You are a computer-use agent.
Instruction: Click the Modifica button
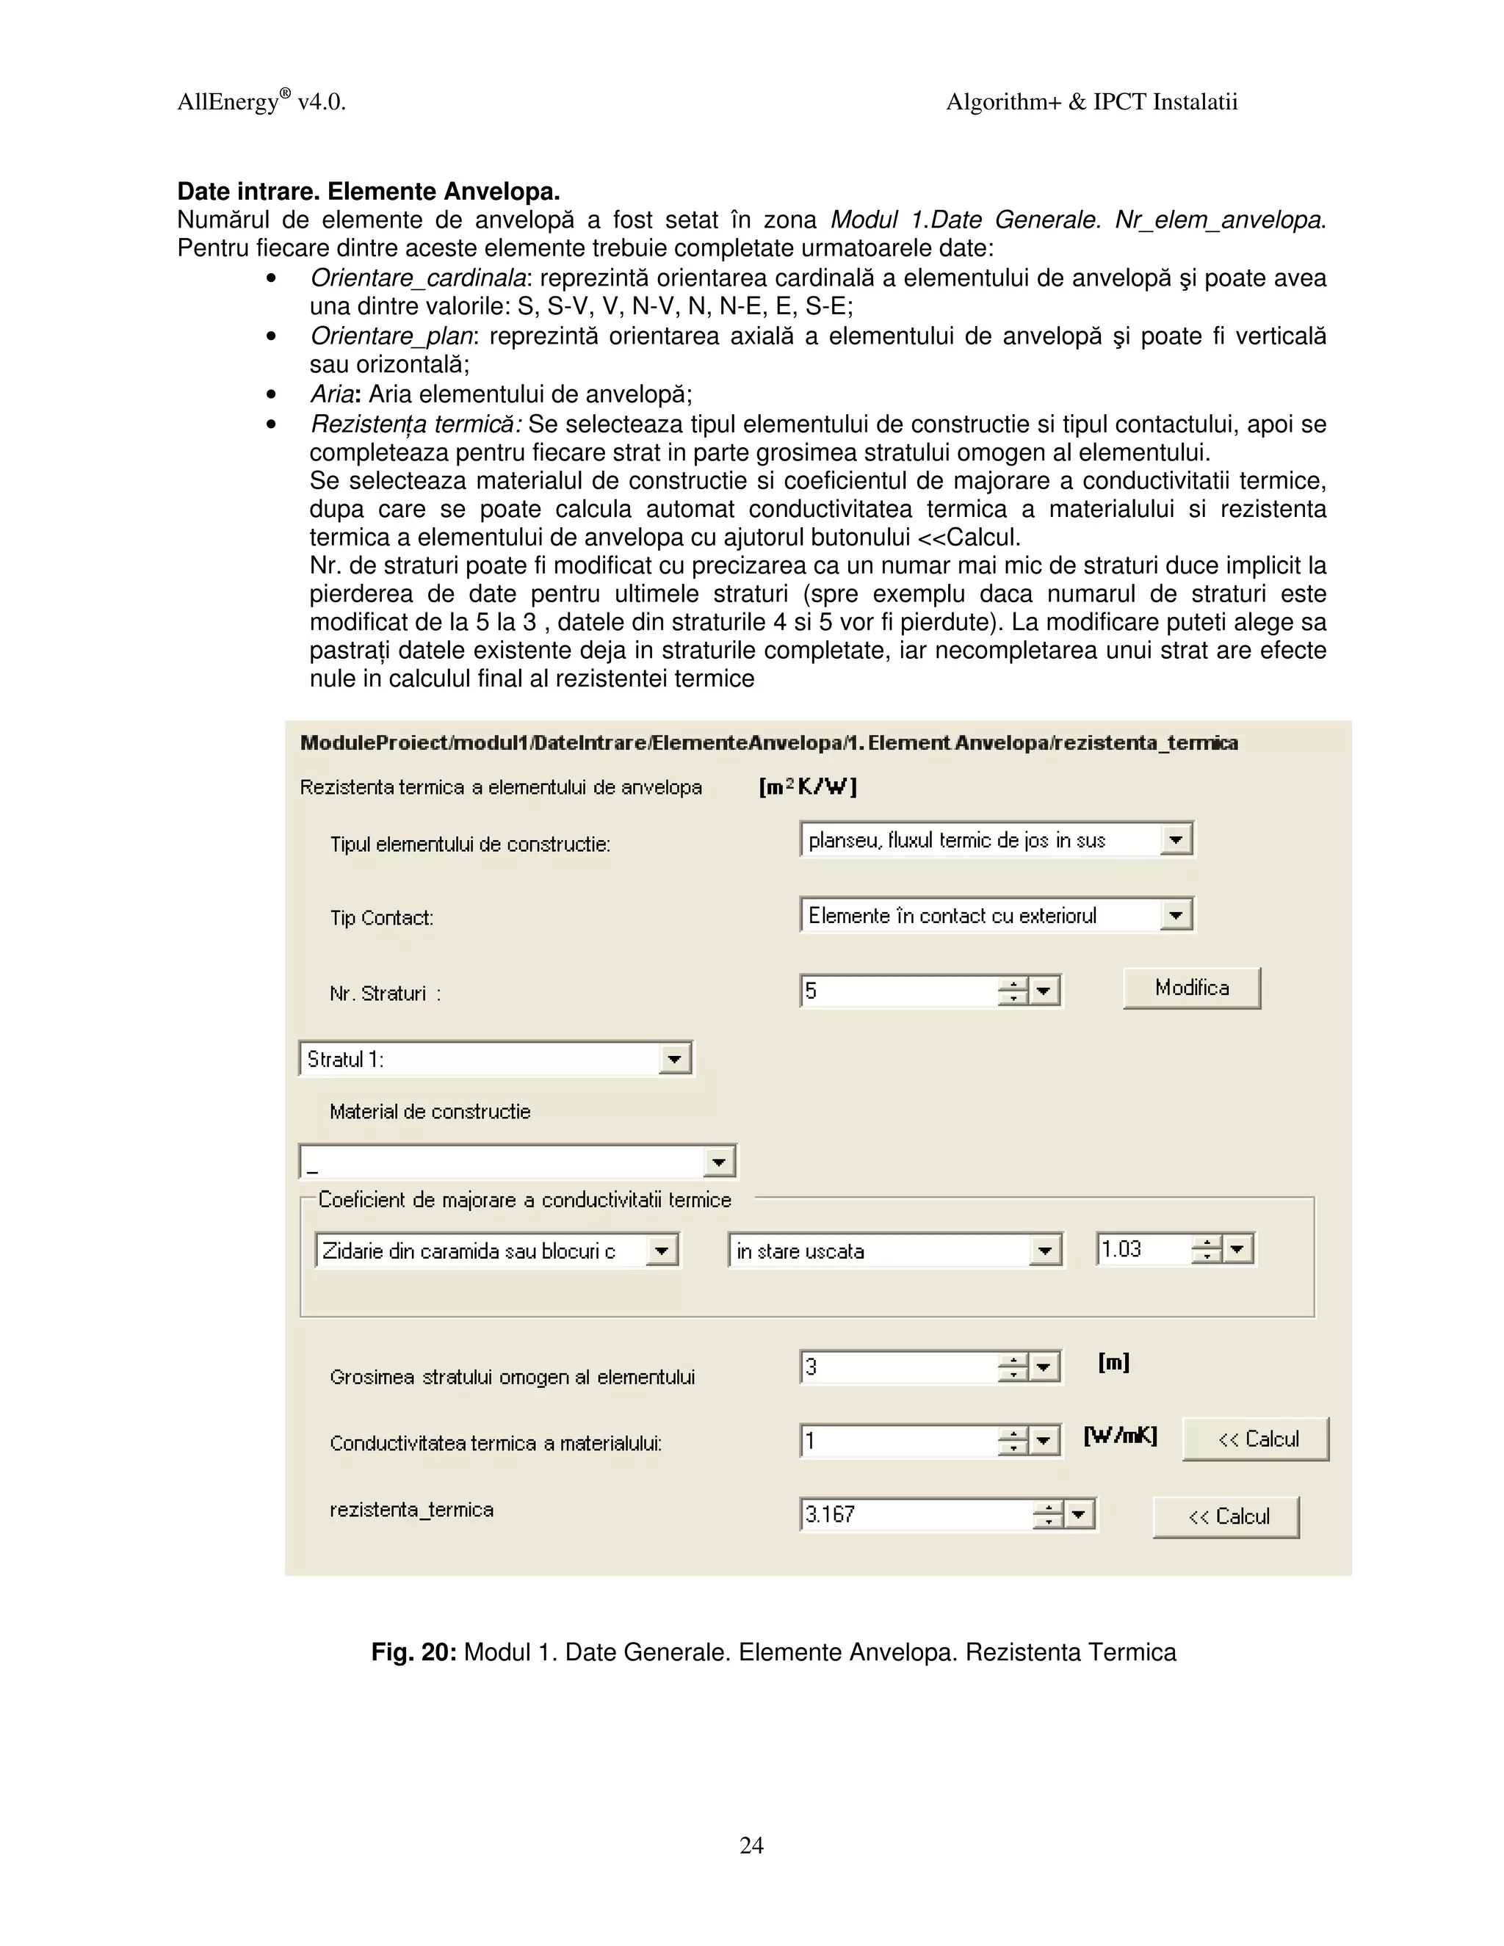(1191, 988)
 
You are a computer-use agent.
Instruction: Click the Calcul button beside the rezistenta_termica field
(1226, 1516)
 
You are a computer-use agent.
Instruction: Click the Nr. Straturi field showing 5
(898, 991)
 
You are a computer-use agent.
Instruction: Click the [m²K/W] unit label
(807, 786)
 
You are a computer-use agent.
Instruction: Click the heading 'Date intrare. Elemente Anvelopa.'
(368, 192)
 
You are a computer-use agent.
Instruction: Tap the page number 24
(751, 1845)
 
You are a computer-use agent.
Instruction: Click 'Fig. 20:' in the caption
(413, 1653)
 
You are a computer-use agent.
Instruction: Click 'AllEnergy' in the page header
(229, 103)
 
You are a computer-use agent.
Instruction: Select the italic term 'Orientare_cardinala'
(417, 278)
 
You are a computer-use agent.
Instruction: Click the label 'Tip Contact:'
(381, 918)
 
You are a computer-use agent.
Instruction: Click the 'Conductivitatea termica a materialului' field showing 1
(898, 1441)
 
